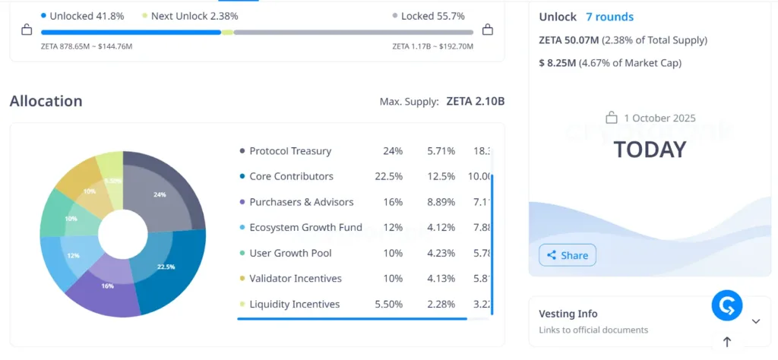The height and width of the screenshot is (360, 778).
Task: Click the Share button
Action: tap(568, 255)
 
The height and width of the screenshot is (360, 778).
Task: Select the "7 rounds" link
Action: tap(609, 17)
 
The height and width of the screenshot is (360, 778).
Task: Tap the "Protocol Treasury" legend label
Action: tap(289, 151)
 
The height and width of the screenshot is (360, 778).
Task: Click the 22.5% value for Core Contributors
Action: tap(393, 176)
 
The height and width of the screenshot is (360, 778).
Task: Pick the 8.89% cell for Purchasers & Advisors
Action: tap(441, 202)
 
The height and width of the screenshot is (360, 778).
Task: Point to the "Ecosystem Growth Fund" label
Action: tap(305, 227)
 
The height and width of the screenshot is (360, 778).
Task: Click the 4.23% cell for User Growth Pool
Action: tap(441, 253)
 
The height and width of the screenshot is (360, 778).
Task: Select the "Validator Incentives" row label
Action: tap(295, 278)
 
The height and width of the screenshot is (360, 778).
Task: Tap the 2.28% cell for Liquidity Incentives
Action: tap(441, 304)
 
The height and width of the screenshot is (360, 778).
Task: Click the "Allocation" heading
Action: tap(46, 101)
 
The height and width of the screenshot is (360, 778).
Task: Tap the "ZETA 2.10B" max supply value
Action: tap(475, 101)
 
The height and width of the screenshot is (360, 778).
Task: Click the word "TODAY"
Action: tap(650, 150)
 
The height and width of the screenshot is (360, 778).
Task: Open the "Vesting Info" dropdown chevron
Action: tap(755, 321)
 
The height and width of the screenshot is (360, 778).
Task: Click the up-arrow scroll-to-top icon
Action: tap(726, 343)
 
